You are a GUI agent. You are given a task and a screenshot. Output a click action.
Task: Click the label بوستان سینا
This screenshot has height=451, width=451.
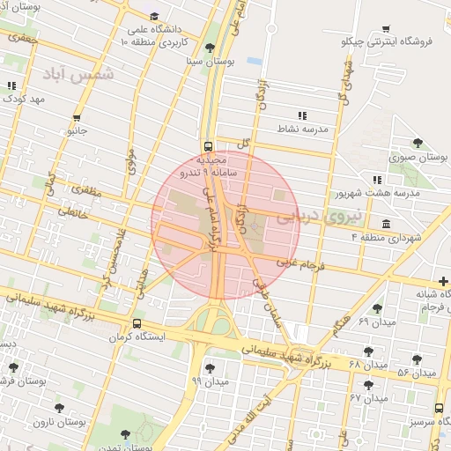click(x=209, y=62)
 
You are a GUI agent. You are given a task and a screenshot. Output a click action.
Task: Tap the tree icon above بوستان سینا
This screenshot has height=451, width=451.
click(x=209, y=48)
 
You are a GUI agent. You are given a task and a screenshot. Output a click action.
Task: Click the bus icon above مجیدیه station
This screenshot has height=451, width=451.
click(x=208, y=147)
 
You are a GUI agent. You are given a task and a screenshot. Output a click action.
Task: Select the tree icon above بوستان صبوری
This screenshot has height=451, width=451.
click(x=418, y=143)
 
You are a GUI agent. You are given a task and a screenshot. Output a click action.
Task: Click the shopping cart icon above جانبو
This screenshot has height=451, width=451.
click(x=77, y=117)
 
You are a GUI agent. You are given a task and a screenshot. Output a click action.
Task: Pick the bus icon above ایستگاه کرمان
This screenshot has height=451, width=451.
click(x=136, y=323)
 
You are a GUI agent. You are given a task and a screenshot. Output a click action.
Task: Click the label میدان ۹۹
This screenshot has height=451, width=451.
click(x=209, y=382)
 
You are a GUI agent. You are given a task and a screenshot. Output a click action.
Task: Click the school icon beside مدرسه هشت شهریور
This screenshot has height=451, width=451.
click(x=378, y=180)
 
